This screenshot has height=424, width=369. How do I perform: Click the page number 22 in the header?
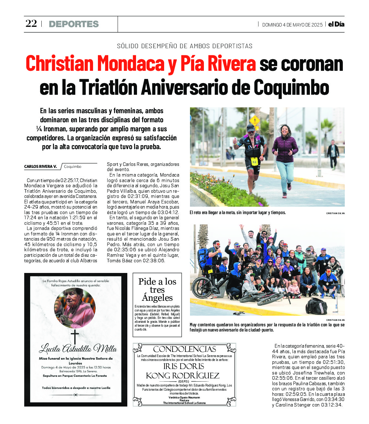pyautogui.click(x=31, y=24)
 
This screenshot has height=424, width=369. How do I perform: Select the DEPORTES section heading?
pyautogui.click(x=74, y=24)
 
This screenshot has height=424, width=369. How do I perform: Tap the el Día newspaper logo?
pyautogui.click(x=336, y=24)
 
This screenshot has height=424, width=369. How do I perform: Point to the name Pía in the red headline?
pyautogui.click(x=192, y=63)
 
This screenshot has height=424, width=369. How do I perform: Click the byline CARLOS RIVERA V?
pyautogui.click(x=40, y=167)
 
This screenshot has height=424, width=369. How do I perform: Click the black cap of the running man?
pyautogui.click(x=251, y=127)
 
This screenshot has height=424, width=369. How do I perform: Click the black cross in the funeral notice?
pyautogui.click(x=75, y=336)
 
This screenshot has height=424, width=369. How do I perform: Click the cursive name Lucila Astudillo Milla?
pyautogui.click(x=78, y=349)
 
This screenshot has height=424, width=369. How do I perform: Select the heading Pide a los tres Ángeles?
pyautogui.click(x=157, y=289)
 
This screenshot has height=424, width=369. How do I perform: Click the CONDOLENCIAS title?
pyautogui.click(x=184, y=349)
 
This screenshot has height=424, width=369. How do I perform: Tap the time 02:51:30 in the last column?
pyautogui.click(x=333, y=362)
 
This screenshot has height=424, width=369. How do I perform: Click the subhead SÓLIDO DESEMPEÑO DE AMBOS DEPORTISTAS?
pyautogui.click(x=184, y=46)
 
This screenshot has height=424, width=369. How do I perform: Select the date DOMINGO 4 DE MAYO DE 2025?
pyautogui.click(x=292, y=25)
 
